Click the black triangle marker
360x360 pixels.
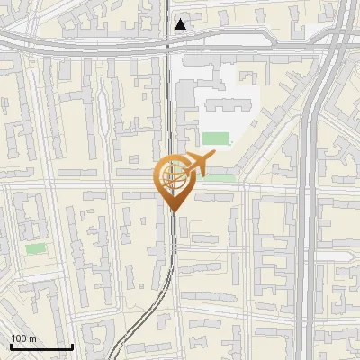pyautogui.click(x=181, y=24)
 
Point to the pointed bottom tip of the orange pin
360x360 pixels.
pyautogui.click(x=173, y=212)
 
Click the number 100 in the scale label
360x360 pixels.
pyautogui.click(x=19, y=338)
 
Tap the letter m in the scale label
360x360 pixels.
pyautogui.click(x=32, y=338)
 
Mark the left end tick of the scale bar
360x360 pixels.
pyautogui.click(x=10, y=346)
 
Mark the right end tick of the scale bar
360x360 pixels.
pyautogui.click(x=72, y=346)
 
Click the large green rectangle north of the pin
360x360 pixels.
pyautogui.click(x=215, y=139)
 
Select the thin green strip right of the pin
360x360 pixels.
pyautogui.click(x=219, y=177)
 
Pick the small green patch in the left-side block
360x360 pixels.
pyautogui.click(x=35, y=247)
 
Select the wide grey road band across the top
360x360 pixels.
pyautogui.click(x=90, y=40)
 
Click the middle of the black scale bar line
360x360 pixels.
pyautogui.click(x=41, y=347)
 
